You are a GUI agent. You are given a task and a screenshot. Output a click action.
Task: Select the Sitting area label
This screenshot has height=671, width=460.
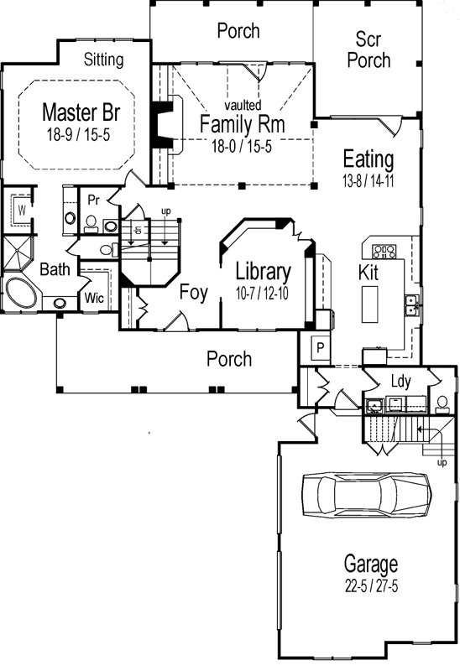[104, 60]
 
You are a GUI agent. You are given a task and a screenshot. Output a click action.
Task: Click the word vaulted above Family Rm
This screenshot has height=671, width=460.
[243, 105]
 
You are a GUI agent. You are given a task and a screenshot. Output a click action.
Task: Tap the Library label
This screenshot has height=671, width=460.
[263, 271]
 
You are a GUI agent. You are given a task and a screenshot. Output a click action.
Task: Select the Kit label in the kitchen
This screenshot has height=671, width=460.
[369, 273]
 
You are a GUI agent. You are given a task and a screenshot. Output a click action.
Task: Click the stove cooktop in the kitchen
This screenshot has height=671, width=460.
[384, 250]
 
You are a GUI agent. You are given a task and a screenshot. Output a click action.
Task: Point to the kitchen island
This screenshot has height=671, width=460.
[369, 304]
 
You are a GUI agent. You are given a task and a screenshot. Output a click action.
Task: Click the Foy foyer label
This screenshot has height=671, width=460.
[193, 292]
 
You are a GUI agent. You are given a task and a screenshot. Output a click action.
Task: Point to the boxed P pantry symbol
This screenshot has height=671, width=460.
[319, 346]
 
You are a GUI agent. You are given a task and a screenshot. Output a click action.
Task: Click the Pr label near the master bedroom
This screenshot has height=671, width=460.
[95, 200]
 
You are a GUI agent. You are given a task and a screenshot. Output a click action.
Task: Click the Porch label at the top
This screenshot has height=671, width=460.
[238, 31]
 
